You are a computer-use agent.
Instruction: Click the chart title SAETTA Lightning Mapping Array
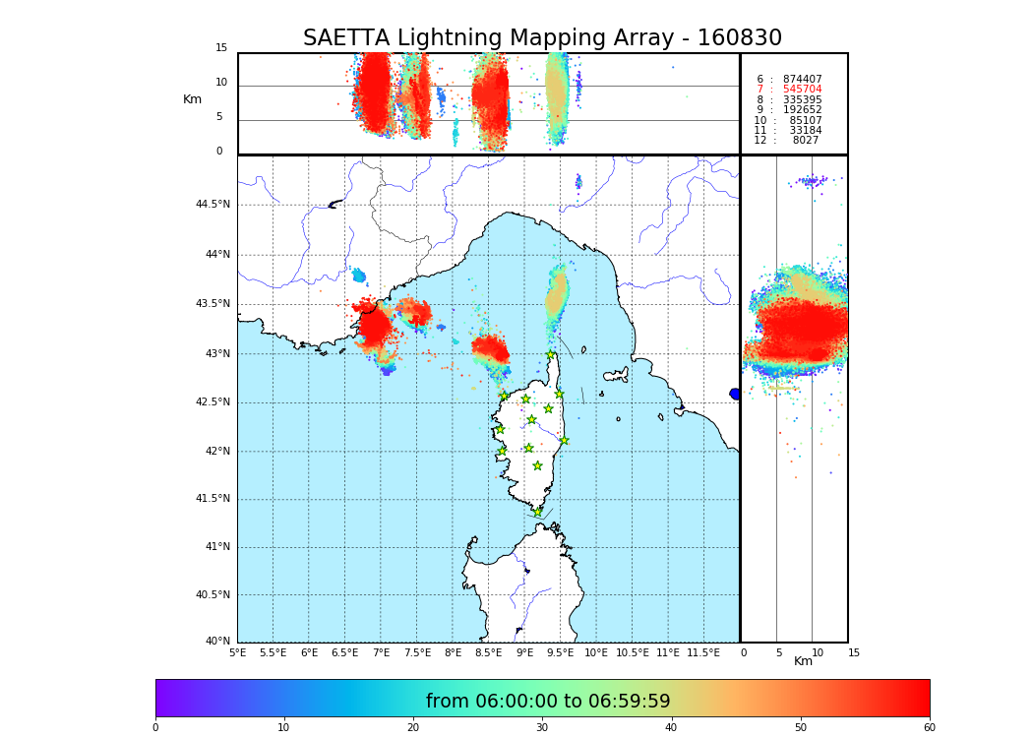click(x=542, y=38)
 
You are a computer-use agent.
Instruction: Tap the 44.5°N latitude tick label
click(x=213, y=205)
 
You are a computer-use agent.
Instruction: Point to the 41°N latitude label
click(x=215, y=547)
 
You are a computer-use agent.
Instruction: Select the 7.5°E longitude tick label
click(x=417, y=652)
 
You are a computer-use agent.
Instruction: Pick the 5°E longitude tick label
click(x=237, y=652)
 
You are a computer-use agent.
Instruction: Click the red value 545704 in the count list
click(x=802, y=90)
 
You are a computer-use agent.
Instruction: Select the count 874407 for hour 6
click(x=802, y=80)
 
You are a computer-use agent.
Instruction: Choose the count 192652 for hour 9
click(x=802, y=110)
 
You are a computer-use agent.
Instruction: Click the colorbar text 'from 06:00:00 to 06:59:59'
click(x=548, y=702)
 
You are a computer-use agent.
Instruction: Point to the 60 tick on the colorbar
click(x=929, y=727)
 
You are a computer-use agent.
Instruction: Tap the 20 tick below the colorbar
click(x=413, y=727)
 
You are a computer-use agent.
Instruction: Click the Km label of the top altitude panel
click(x=192, y=99)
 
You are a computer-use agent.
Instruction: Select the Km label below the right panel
click(x=803, y=661)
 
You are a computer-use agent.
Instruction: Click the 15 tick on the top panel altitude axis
click(x=221, y=48)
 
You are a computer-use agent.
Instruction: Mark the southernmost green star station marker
click(x=538, y=512)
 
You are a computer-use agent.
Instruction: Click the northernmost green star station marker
click(x=551, y=355)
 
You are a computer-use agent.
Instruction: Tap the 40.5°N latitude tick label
click(x=213, y=595)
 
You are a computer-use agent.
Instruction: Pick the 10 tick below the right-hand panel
click(x=818, y=652)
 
